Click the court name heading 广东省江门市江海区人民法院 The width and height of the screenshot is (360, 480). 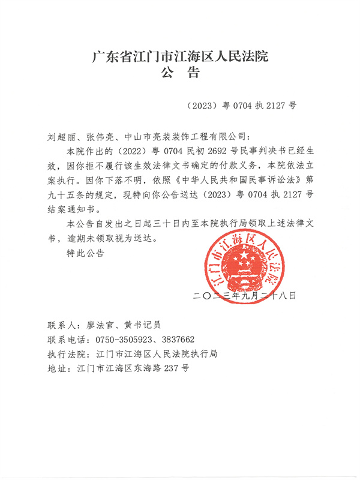179,58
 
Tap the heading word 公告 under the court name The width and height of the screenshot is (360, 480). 179,74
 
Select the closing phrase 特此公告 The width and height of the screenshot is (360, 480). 86,253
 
